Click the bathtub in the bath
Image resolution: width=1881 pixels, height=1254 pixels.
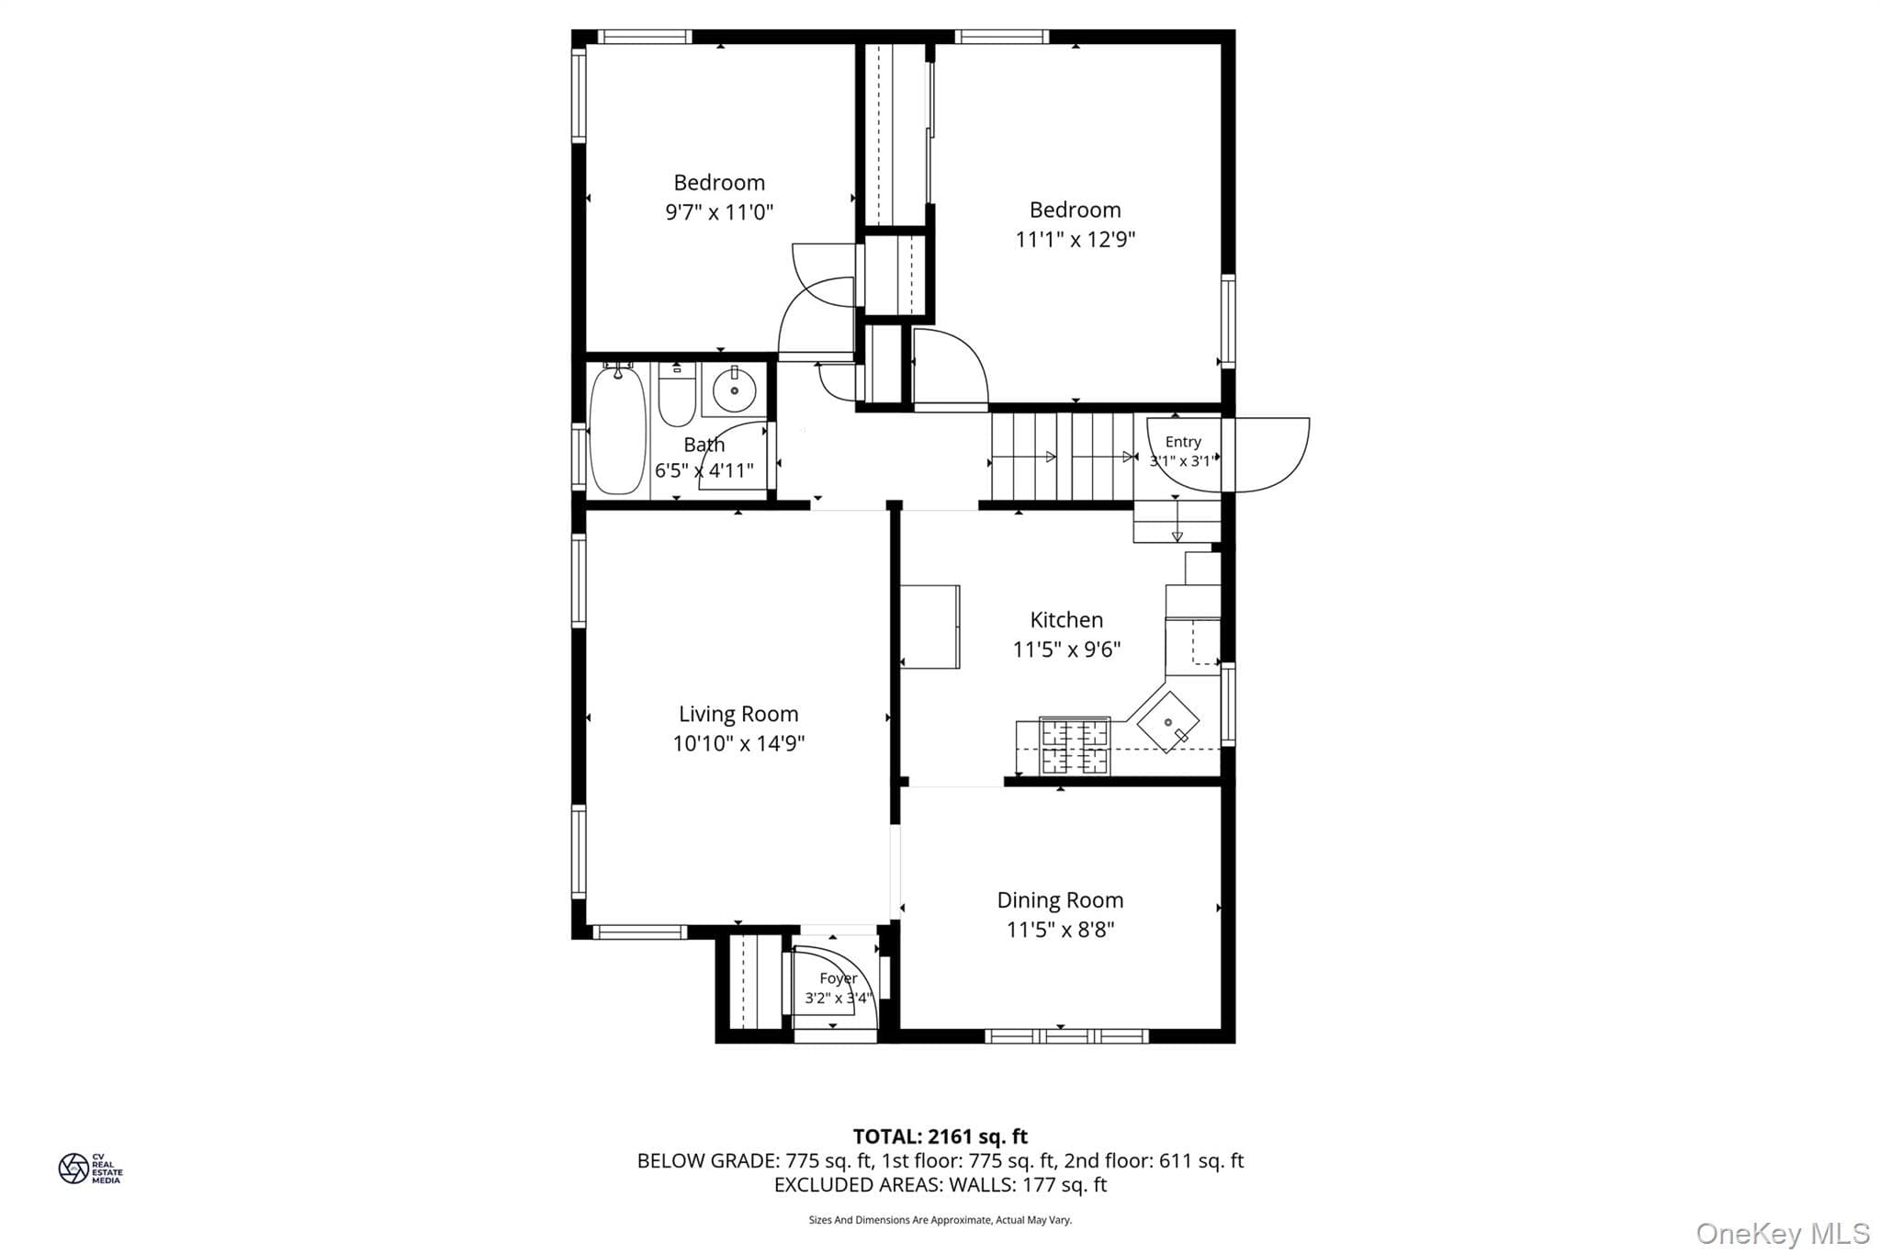617,430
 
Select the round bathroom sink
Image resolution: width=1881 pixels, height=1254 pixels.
734,390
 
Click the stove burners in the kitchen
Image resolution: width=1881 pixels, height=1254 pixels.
1074,746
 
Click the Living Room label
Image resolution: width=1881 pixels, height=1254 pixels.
738,714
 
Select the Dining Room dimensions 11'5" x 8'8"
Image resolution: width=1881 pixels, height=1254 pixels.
1060,930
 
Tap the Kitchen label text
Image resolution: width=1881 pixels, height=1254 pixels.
1066,620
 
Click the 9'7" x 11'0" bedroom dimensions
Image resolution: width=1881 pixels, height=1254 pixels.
719,212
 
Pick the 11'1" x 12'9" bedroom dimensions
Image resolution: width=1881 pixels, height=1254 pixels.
1075,240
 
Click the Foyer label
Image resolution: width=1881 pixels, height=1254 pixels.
839,978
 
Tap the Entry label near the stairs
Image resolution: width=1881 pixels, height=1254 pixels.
1183,442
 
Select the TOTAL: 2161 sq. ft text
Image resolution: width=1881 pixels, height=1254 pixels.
940,1137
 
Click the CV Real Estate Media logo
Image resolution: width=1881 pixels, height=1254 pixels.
90,1169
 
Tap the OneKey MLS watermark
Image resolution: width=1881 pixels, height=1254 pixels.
1783,1233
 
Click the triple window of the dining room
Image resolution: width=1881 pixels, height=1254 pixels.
1066,1036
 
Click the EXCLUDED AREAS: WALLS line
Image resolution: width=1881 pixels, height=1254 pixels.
940,1185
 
